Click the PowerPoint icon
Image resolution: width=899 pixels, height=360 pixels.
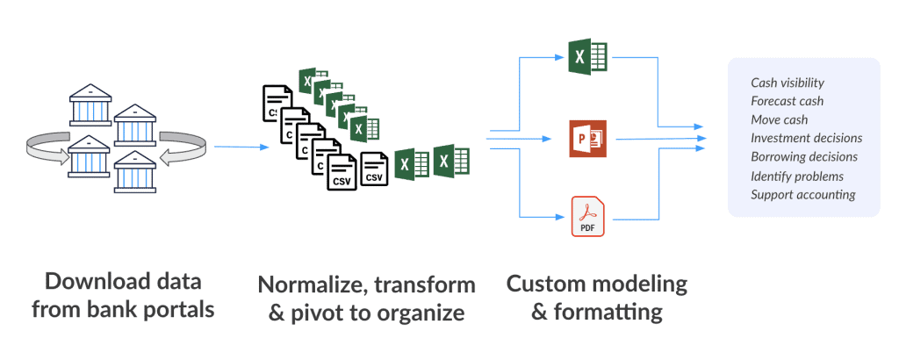588,139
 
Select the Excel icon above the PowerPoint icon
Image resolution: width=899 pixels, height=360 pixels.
588,58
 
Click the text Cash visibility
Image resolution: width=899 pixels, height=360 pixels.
787,83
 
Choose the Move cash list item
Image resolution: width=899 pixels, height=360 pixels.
779,119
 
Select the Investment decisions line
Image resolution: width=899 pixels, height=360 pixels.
806,138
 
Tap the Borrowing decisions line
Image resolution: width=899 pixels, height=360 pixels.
804,156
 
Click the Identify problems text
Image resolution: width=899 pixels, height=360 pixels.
797,176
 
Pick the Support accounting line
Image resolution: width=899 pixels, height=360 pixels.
802,194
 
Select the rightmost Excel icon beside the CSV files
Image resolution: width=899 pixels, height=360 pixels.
451,162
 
